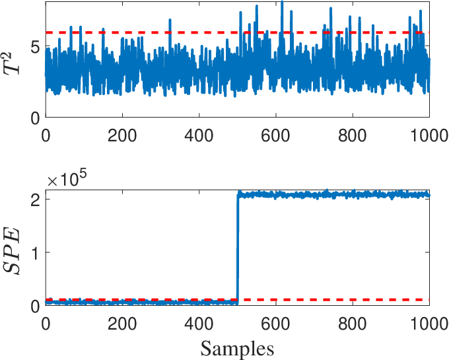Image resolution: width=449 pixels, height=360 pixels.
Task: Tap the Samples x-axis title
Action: coord(237,349)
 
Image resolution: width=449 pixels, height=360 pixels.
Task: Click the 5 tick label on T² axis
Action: coord(35,46)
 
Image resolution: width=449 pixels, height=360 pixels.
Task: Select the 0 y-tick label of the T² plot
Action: coord(35,118)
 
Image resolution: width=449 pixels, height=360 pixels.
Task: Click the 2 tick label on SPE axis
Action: coord(35,199)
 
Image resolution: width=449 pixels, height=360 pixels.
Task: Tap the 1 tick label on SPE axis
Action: coord(35,252)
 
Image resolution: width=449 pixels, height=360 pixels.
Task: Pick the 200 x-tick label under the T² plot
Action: coord(122,135)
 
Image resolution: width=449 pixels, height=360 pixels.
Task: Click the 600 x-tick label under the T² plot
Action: coord(275,135)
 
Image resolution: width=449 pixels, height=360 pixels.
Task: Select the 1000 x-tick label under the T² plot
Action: coord(430,135)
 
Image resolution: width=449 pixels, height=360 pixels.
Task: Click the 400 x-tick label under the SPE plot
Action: coord(199,324)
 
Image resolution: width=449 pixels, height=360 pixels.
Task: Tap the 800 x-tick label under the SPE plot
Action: coord(352,324)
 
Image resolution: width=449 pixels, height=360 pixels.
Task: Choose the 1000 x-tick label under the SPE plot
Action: coord(430,324)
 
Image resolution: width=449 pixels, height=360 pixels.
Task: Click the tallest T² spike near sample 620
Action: coord(282,2)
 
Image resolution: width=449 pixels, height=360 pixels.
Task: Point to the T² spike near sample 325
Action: coord(170,20)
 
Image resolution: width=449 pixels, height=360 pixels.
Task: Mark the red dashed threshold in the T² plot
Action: coord(238,32)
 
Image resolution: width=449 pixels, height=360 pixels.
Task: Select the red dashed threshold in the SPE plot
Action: coord(238,300)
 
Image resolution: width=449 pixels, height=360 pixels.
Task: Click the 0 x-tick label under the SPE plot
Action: coord(46,324)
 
